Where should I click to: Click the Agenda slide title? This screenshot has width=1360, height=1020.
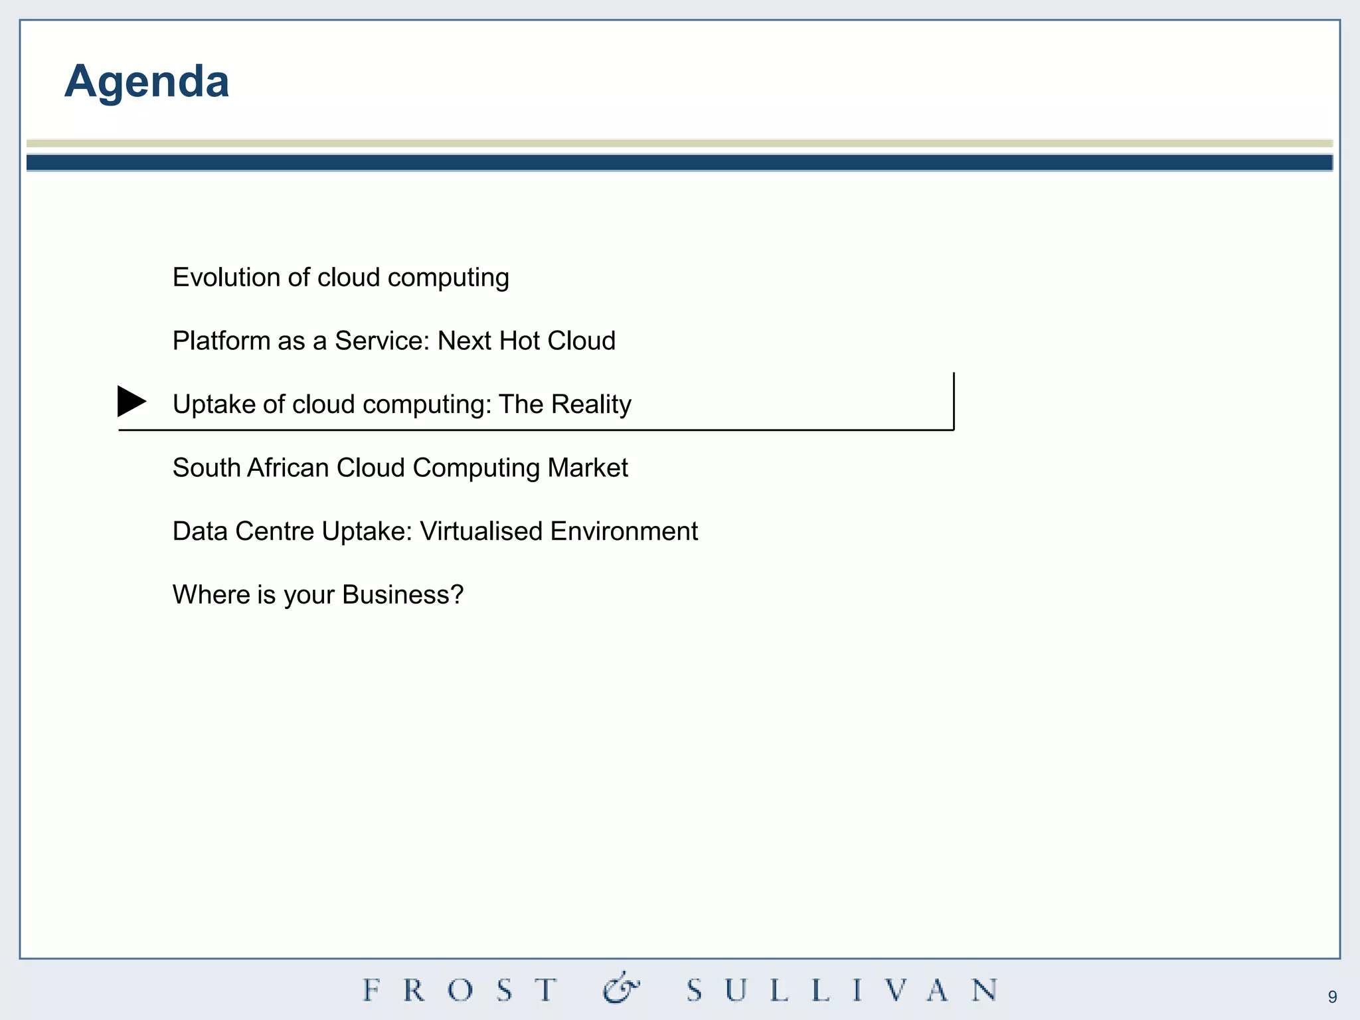point(147,82)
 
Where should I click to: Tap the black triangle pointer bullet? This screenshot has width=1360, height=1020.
point(131,401)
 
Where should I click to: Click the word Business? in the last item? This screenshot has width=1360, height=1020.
point(402,595)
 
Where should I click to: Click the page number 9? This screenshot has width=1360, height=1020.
point(1332,997)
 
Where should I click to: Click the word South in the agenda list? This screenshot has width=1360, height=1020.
point(206,468)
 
